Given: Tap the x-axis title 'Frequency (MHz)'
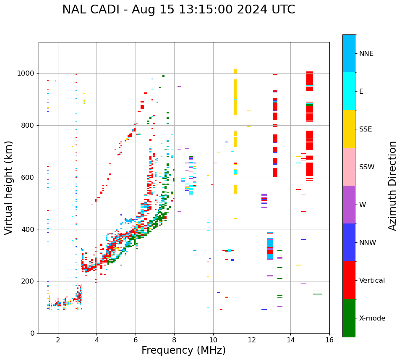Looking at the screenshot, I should tap(183, 350).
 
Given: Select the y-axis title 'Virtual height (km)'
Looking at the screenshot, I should tap(9, 188).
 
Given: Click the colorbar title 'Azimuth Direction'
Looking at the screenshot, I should tap(392, 186).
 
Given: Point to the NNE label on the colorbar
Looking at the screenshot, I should tap(366, 54).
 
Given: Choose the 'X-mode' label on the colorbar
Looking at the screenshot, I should tap(372, 318).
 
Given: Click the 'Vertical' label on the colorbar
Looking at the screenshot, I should tap(372, 281).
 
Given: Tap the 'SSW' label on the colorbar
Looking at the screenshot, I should tap(367, 167).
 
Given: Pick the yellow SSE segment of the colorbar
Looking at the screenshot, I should tap(349, 129).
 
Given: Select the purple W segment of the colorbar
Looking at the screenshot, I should tap(349, 205).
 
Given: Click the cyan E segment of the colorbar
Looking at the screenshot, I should tap(349, 91).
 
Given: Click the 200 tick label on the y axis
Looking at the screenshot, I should tap(29, 281).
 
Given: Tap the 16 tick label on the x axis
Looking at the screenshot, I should tap(329, 340).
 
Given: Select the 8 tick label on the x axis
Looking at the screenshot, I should tap(174, 340).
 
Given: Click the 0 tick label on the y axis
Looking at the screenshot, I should tap(32, 334).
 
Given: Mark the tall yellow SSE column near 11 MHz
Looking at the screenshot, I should tap(235, 97).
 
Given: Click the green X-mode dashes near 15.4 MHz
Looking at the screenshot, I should tap(317, 292).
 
